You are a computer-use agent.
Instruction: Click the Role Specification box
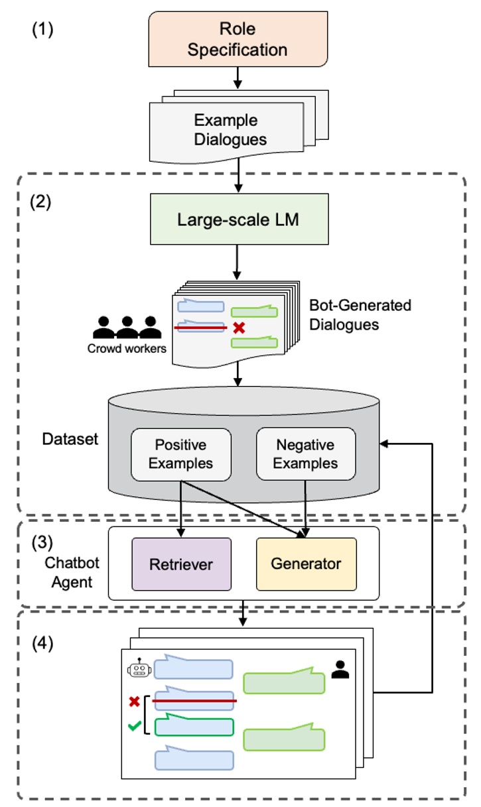pyautogui.click(x=238, y=40)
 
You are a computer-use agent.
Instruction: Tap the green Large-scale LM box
pyautogui.click(x=238, y=219)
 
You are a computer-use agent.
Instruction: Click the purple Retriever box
pyautogui.click(x=181, y=564)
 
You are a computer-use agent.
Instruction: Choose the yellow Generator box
pyautogui.click(x=306, y=564)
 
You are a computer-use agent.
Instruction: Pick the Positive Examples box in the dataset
pyautogui.click(x=180, y=454)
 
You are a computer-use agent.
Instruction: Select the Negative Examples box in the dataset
pyautogui.click(x=305, y=454)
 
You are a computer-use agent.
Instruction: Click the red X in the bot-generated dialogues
pyautogui.click(x=238, y=327)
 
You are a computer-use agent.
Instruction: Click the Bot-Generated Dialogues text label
pyautogui.click(x=360, y=315)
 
